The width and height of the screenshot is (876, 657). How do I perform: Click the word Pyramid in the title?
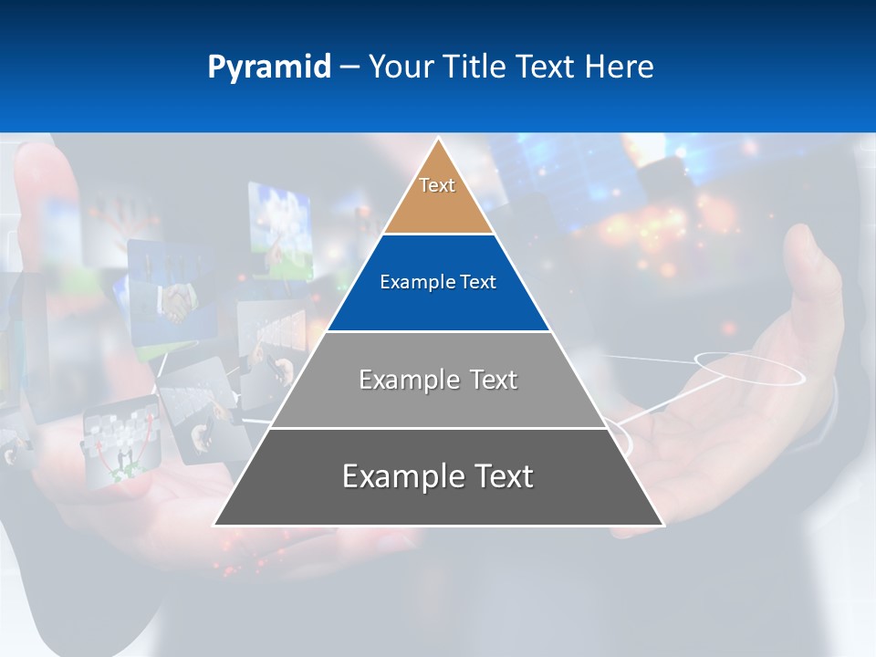268,68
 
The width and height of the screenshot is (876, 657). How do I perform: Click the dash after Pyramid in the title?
349,68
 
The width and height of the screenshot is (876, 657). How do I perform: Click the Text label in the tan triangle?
437,185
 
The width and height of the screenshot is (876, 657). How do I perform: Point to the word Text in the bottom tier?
498,476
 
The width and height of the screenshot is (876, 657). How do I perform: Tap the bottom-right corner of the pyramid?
662,525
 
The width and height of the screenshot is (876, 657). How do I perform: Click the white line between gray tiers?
438,428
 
